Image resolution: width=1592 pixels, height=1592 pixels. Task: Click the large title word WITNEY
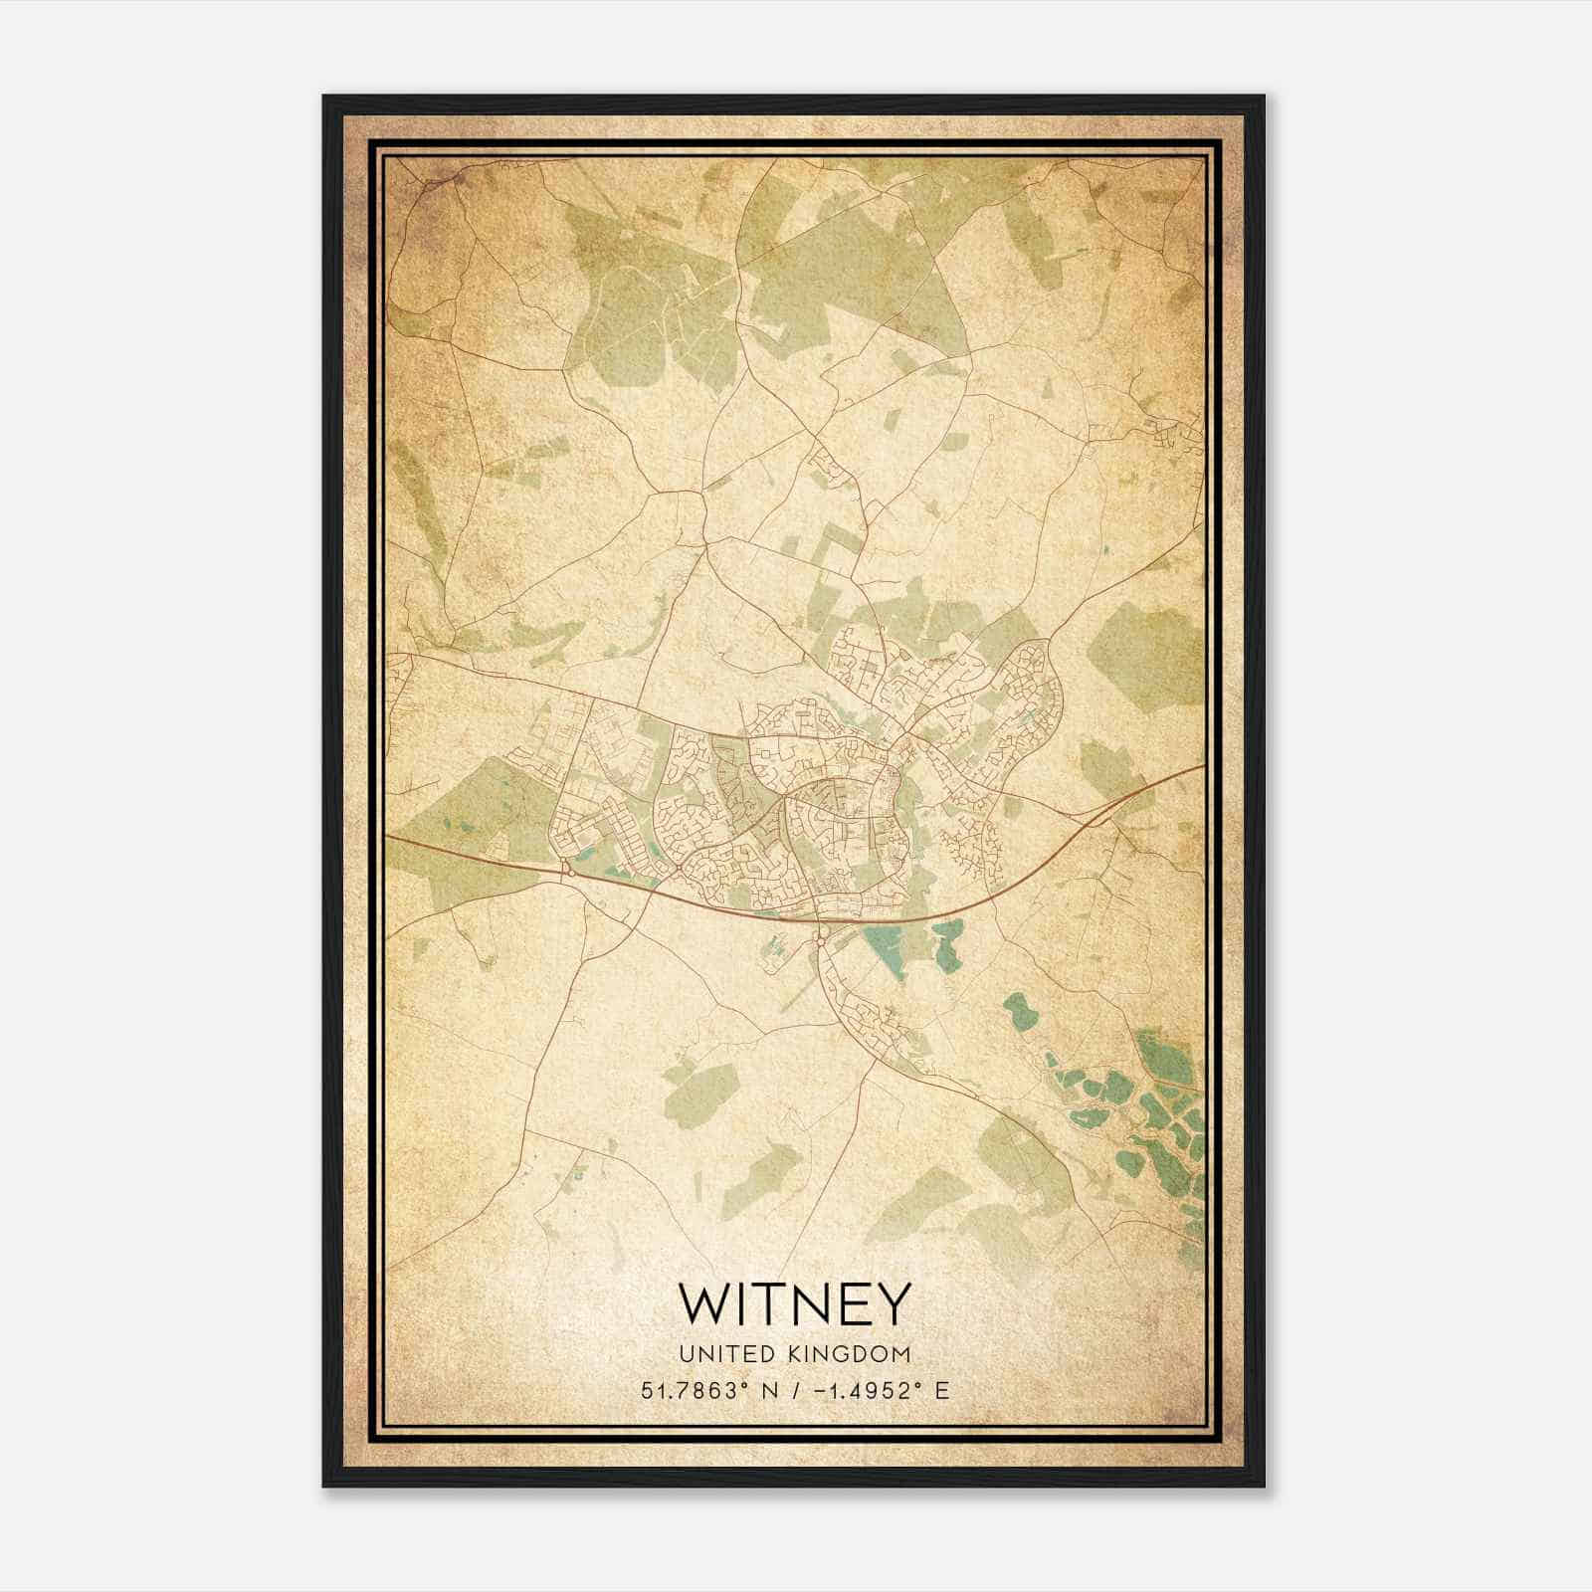point(794,1303)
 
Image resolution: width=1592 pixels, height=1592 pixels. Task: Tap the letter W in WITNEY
point(703,1303)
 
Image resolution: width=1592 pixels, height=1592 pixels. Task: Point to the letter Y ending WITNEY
point(893,1303)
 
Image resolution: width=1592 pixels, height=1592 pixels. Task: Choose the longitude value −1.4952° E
point(881,1390)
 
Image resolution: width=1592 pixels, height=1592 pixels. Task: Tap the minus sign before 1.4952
point(818,1390)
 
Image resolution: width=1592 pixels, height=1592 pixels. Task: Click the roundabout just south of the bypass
point(822,932)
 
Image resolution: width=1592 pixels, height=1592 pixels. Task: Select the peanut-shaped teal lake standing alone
point(1019,1012)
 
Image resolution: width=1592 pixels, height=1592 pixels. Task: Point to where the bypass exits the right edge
point(1201,768)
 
